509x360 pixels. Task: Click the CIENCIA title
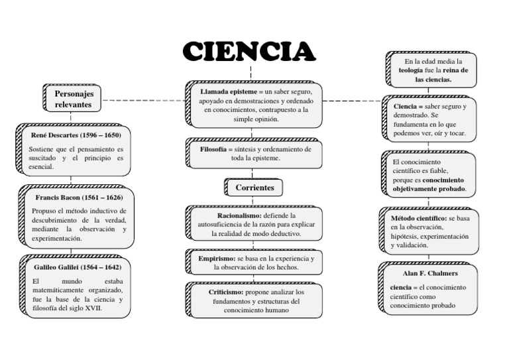pos(248,51)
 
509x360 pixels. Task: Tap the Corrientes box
pos(254,188)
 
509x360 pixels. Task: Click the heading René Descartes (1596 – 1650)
pos(76,135)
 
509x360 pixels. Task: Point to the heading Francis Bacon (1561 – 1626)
pos(79,198)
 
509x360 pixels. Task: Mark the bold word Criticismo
pos(221,292)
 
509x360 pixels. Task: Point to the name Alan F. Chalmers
pos(429,273)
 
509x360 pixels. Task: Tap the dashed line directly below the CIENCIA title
pos(251,72)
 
